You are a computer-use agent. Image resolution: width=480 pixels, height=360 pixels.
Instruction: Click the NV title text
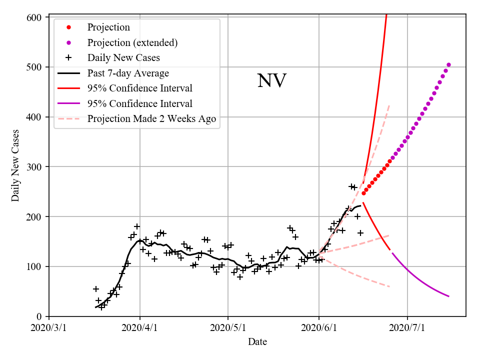pos(271,81)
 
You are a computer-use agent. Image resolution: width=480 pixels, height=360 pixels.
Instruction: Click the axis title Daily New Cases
pos(15,166)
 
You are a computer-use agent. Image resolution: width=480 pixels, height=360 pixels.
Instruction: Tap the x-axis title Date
pos(257,342)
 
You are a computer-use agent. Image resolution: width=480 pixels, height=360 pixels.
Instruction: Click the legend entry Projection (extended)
pos(132,42)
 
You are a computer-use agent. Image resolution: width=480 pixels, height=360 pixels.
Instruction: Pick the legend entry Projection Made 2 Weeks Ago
pos(151,118)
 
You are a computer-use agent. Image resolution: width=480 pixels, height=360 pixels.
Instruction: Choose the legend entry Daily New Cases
pos(123,57)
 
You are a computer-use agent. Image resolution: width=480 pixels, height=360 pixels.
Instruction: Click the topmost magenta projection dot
pos(448,64)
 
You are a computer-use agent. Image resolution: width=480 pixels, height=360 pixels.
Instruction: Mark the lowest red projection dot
pos(363,193)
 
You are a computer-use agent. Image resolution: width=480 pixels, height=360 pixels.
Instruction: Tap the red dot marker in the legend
pos(68,27)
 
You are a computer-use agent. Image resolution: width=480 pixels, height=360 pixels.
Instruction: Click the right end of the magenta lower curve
pos(448,296)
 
